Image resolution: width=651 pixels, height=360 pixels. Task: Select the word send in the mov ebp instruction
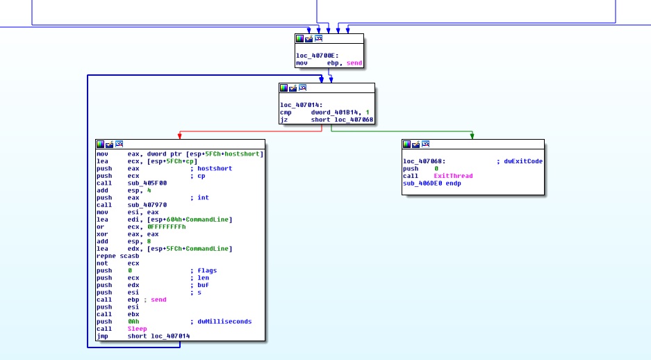pos(354,63)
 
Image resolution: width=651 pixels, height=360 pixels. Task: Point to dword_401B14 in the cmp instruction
pos(333,112)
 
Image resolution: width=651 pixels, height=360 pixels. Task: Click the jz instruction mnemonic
pos(283,120)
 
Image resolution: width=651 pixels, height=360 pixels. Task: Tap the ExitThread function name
pos(453,176)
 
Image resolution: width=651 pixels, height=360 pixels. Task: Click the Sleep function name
pos(137,329)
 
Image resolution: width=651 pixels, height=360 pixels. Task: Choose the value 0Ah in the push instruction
pos(133,321)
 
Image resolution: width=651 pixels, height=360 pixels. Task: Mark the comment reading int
pos(202,197)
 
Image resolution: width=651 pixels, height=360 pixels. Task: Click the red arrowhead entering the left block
pos(179,136)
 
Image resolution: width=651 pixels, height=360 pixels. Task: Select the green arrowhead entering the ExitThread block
pos(472,136)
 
